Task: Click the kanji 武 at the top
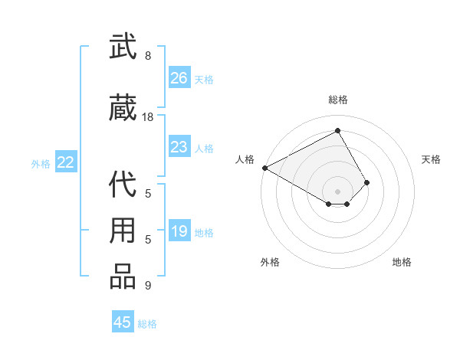click(x=123, y=47)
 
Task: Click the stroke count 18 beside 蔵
click(x=148, y=117)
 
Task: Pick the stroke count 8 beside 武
click(x=148, y=56)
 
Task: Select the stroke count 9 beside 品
click(x=148, y=286)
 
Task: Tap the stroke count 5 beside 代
click(x=148, y=194)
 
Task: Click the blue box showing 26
click(x=179, y=78)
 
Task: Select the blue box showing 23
click(x=179, y=147)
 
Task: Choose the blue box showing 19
click(x=179, y=232)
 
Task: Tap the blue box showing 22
click(x=66, y=162)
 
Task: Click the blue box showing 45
click(x=123, y=322)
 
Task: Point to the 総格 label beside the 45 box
click(x=147, y=324)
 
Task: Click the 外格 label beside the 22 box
click(x=41, y=164)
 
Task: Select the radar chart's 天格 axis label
click(x=432, y=159)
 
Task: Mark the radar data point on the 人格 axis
click(x=264, y=168)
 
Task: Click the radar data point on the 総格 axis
click(x=337, y=131)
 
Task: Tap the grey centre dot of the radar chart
click(x=337, y=190)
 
